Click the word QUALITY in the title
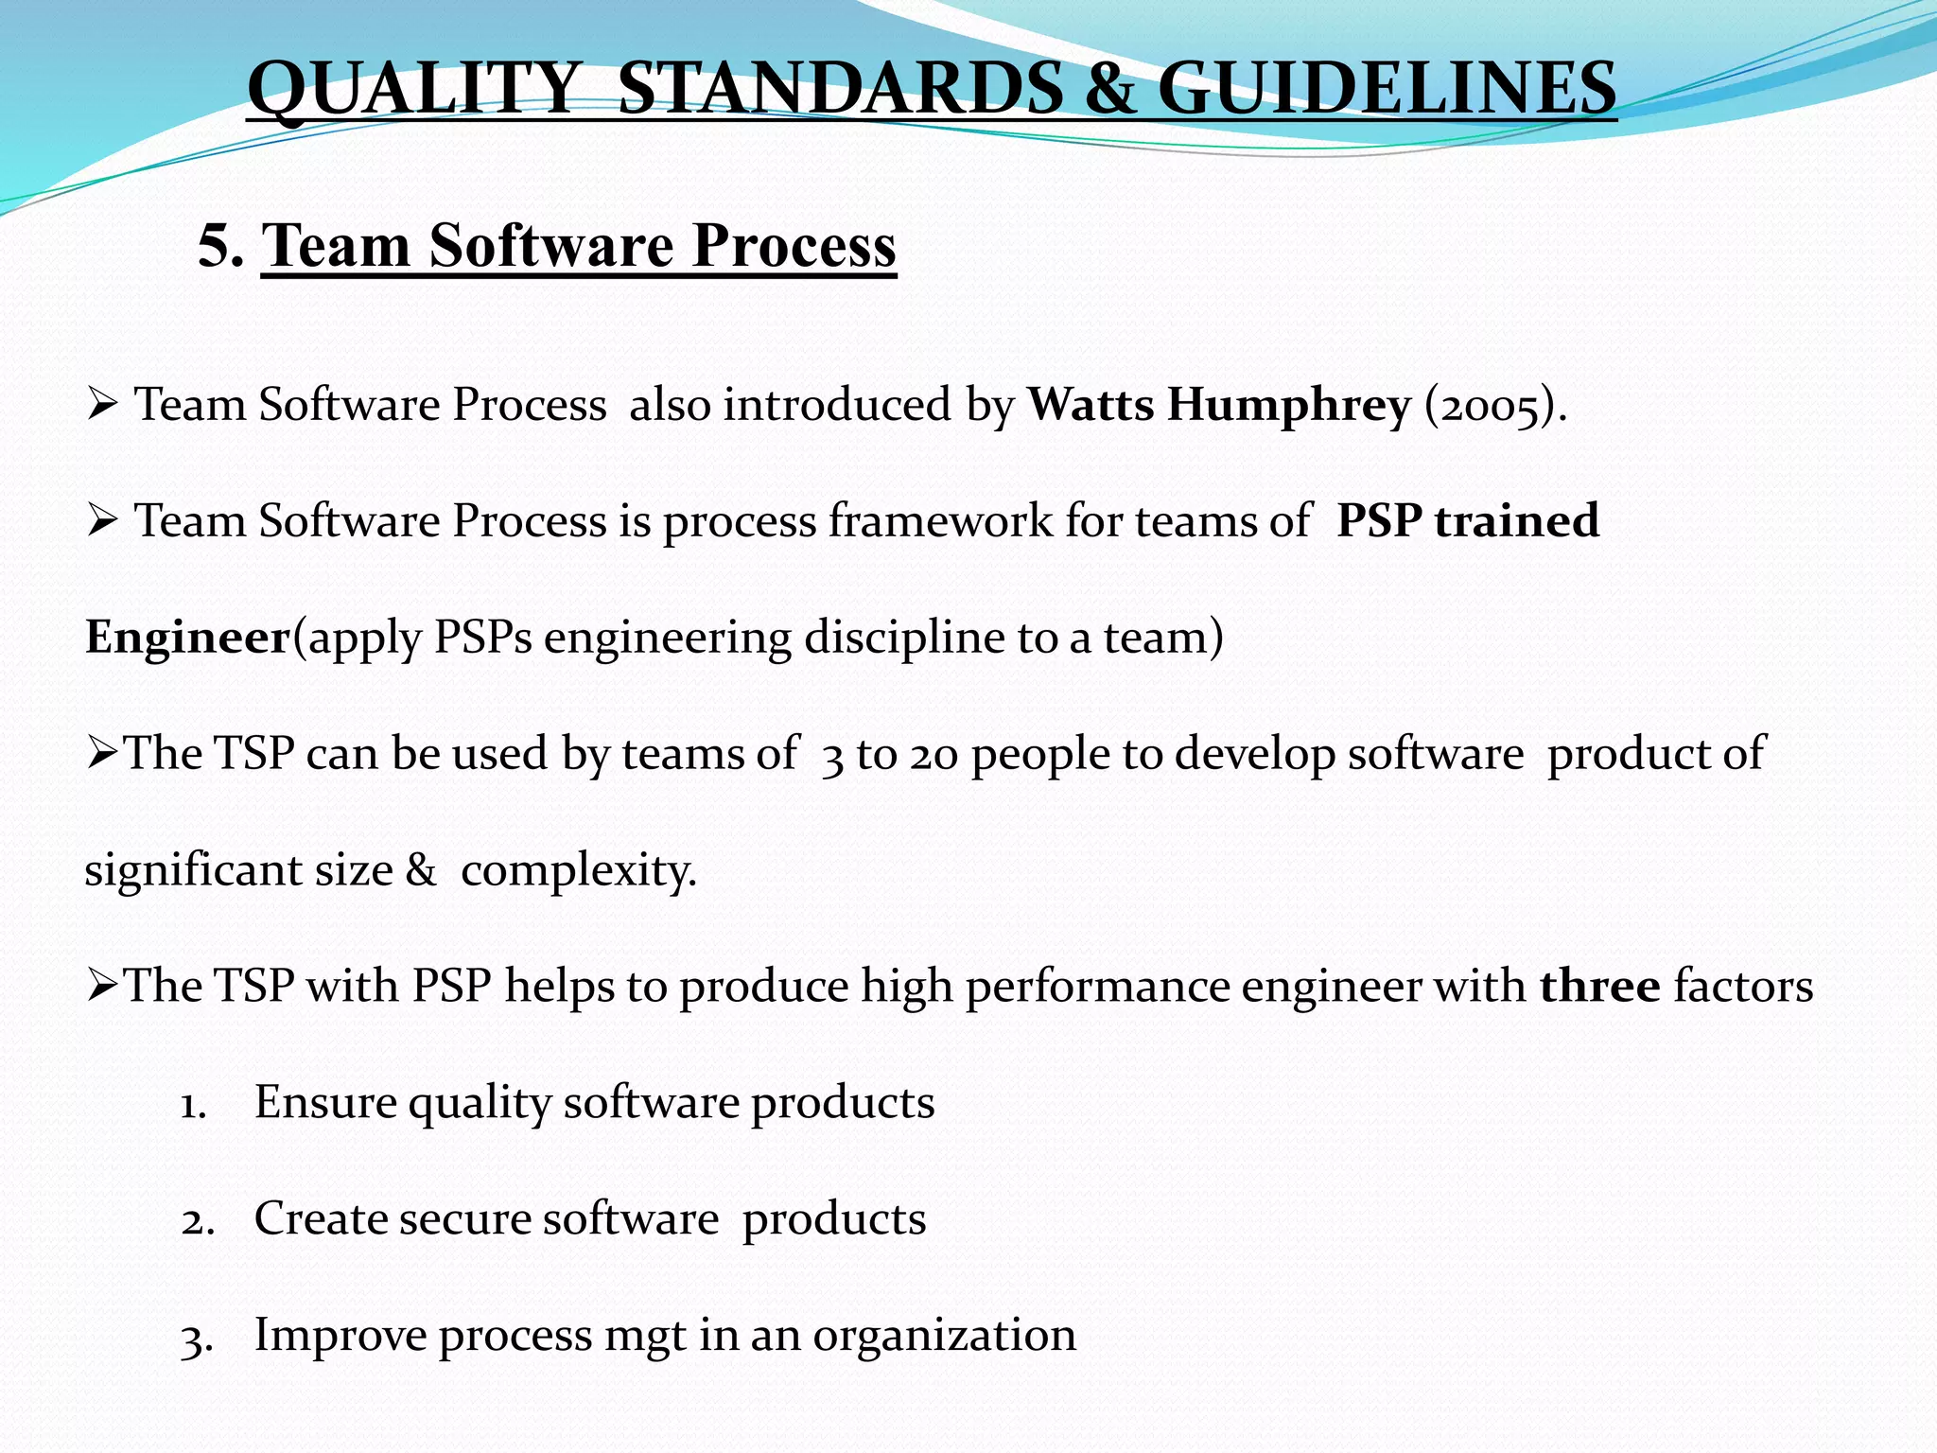(x=410, y=88)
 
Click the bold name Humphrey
(x=1288, y=406)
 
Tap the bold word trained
(x=1516, y=520)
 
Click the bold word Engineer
(x=187, y=638)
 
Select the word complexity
(x=578, y=870)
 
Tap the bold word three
(x=1599, y=987)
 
